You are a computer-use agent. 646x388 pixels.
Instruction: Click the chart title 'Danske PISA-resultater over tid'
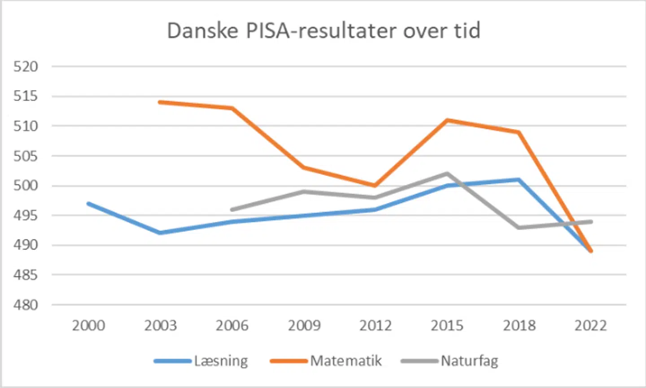pos(323,31)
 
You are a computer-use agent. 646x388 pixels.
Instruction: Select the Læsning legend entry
pos(201,361)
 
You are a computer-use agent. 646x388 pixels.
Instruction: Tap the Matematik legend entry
pos(326,361)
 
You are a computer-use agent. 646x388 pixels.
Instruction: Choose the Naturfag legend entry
pos(450,361)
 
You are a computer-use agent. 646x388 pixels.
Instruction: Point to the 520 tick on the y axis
pos(26,66)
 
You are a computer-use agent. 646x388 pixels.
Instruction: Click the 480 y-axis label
pos(26,305)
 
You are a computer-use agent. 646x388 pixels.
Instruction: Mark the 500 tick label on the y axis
pos(26,185)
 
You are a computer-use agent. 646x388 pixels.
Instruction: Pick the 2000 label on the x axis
pos(88,325)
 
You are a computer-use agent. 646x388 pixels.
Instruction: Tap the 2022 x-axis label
pos(591,325)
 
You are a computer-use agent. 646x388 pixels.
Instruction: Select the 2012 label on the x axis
pos(375,325)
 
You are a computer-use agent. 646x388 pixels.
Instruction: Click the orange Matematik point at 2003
pos(160,102)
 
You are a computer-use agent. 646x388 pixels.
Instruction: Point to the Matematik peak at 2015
pos(447,120)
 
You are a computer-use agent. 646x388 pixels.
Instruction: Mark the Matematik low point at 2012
pos(375,185)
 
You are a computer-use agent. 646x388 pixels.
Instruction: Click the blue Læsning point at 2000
pos(89,204)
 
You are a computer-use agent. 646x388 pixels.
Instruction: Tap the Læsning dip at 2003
pos(160,233)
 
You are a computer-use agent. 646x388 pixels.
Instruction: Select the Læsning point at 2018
pos(519,180)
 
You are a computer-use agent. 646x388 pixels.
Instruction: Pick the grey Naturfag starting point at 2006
pos(232,209)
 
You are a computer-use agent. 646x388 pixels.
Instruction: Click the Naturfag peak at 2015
pos(447,174)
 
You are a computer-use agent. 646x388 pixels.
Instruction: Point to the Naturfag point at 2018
pos(519,227)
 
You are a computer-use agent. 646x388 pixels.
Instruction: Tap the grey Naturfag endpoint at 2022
pos(591,222)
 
